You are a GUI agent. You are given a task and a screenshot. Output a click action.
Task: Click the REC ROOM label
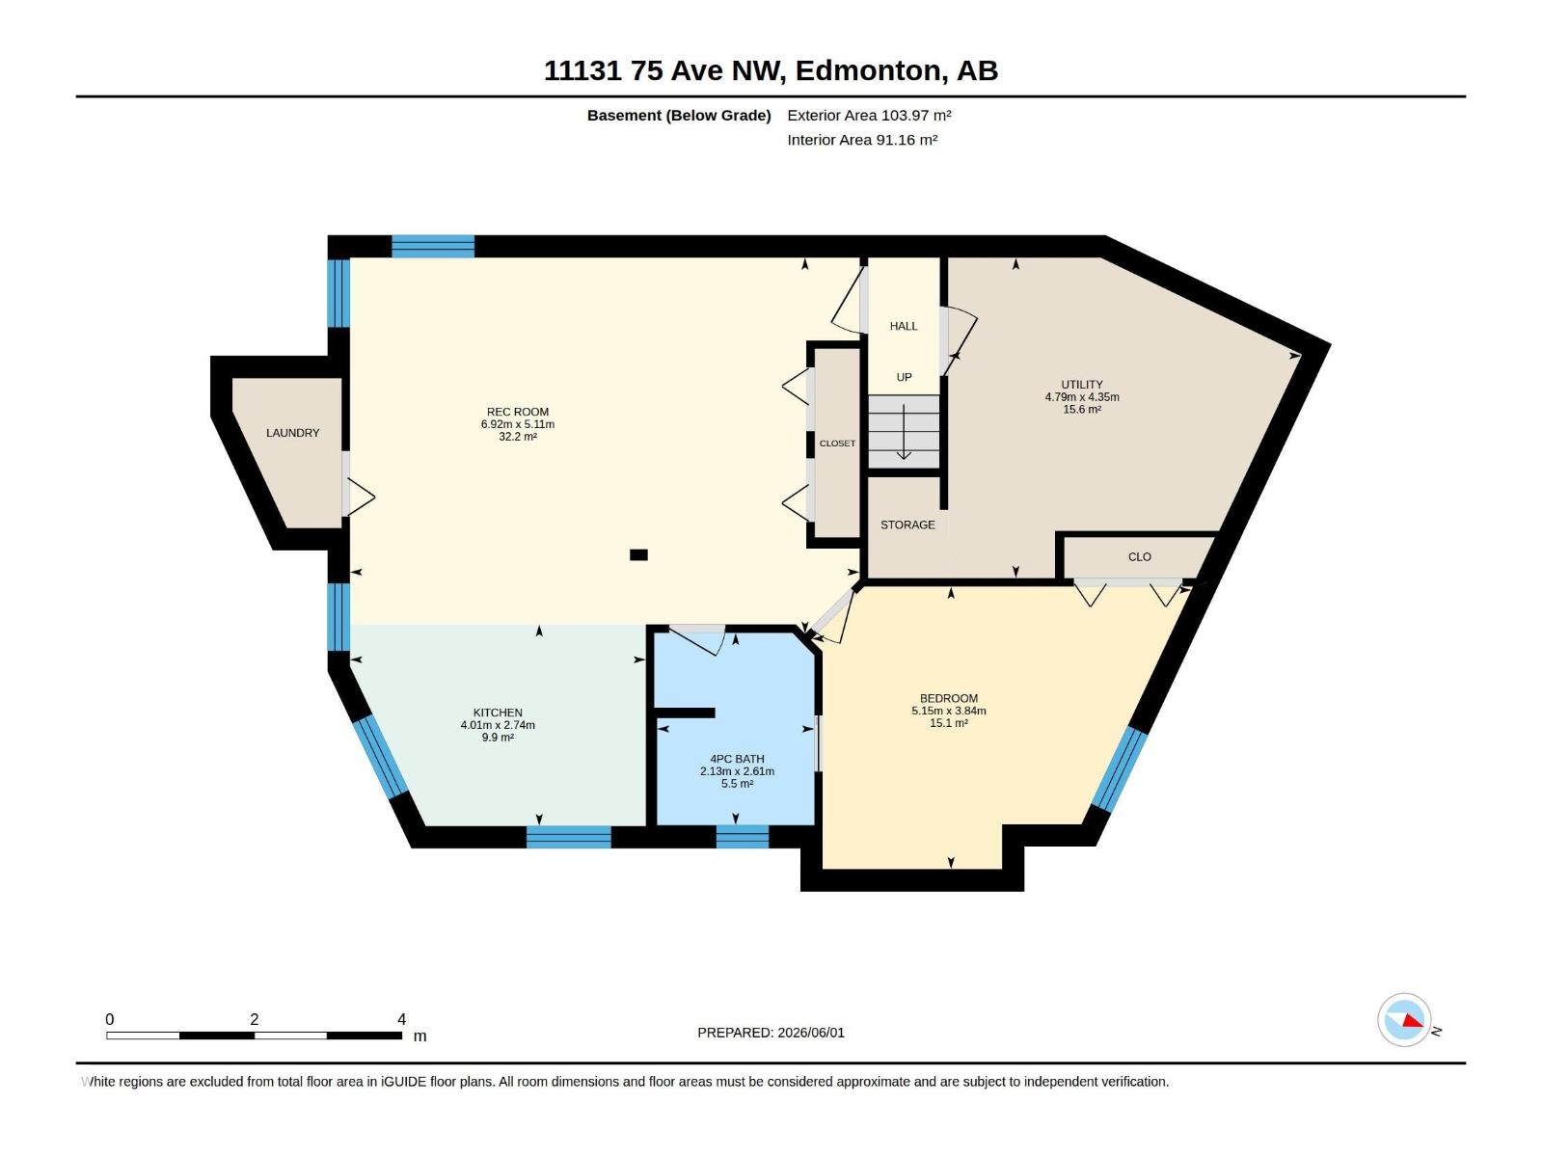(517, 412)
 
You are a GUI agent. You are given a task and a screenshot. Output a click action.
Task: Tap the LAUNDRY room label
(292, 433)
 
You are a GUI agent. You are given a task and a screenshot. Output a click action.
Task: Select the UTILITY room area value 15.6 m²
(1082, 409)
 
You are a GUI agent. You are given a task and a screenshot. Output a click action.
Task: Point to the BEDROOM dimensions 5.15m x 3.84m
(948, 711)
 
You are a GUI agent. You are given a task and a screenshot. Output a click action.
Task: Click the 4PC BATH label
(737, 759)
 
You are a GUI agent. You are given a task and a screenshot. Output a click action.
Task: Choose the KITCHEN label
(498, 713)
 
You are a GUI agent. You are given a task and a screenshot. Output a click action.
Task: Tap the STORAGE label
(907, 525)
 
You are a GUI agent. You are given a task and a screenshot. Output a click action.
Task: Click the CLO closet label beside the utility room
(1140, 557)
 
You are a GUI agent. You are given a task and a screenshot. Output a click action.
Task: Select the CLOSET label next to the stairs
(837, 444)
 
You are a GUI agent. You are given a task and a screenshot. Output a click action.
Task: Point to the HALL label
(904, 326)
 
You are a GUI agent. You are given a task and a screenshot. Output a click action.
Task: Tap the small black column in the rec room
(638, 555)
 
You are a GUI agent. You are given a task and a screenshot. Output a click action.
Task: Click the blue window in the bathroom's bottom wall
(743, 837)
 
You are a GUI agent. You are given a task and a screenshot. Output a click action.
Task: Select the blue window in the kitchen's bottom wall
(569, 837)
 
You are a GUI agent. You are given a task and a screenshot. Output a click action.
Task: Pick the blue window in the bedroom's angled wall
(1119, 769)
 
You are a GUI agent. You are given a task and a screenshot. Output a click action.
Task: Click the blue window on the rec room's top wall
(433, 247)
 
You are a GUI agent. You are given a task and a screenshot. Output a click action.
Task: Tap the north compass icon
(1404, 1020)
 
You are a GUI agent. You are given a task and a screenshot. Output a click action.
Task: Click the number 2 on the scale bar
(255, 1019)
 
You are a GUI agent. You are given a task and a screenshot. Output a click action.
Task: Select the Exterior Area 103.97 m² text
(869, 115)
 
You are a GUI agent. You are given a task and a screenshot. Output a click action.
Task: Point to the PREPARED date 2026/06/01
(810, 1033)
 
